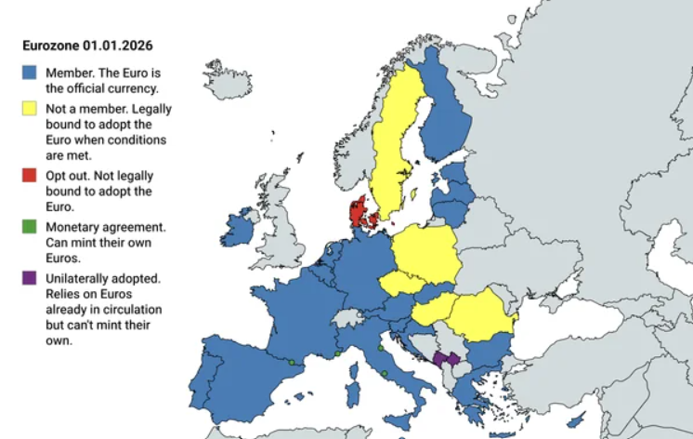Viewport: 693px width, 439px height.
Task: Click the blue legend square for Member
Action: tap(29, 73)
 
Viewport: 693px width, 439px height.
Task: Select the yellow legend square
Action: tap(29, 109)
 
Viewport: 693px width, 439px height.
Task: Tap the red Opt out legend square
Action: tap(29, 175)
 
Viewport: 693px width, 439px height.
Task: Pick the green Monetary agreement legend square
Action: tap(29, 226)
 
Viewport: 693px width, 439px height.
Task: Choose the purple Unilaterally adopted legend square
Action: tap(29, 277)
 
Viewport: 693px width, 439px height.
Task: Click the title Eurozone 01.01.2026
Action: tap(87, 45)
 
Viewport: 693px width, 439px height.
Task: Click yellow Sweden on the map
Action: tap(395, 140)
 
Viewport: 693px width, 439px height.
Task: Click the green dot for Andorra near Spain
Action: tap(291, 362)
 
